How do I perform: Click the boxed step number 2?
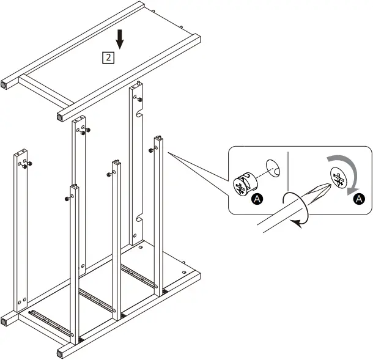point(108,58)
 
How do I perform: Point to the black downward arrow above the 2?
point(120,40)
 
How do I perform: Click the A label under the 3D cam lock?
point(257,199)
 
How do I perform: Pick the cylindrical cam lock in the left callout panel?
point(244,183)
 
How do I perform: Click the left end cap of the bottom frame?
point(6,319)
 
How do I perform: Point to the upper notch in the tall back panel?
point(140,114)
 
